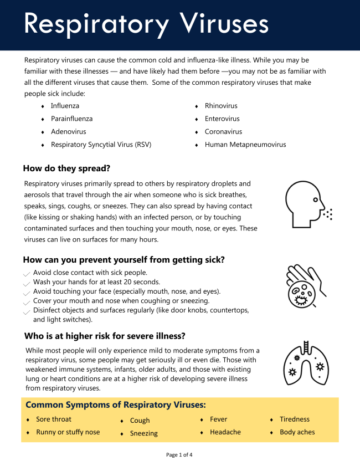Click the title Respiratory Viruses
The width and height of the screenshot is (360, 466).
146,24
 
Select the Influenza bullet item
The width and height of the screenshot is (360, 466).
65,105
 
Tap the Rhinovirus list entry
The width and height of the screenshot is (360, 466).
221,105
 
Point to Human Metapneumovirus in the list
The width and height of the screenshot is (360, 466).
245,145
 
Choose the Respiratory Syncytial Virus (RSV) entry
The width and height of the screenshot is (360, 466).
101,145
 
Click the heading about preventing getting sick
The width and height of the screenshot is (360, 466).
124,259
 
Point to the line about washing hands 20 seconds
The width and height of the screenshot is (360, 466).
96,282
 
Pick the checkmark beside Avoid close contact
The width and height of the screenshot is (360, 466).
27,274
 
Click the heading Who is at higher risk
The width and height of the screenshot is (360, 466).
105,336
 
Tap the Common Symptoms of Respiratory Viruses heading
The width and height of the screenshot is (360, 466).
116,404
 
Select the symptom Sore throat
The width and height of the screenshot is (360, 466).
54,419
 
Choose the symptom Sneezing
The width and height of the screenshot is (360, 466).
144,433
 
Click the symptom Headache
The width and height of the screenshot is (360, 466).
225,432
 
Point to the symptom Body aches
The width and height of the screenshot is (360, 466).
297,432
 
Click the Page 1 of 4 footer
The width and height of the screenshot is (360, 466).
179,455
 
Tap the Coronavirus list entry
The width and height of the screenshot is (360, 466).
223,132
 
